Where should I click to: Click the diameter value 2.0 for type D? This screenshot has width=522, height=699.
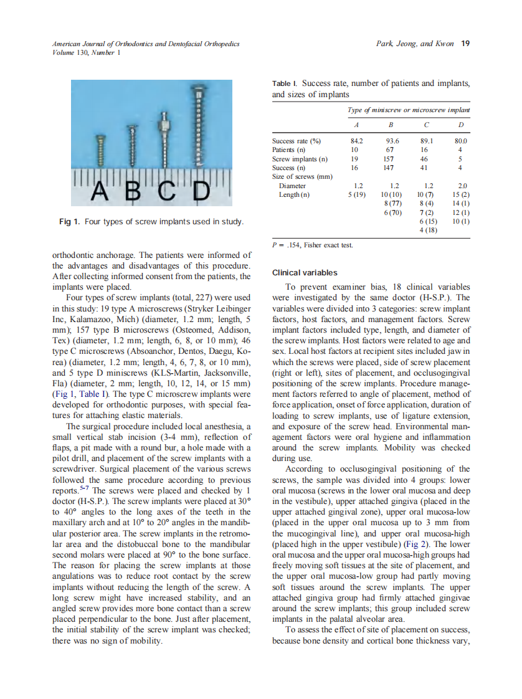pos(462,186)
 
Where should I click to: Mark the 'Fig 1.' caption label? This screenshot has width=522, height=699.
pos(69,222)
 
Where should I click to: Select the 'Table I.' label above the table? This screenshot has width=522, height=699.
pos(285,83)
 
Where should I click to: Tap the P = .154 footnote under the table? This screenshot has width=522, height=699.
pos(313,245)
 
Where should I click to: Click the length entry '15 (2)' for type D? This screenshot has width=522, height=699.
pos(461,195)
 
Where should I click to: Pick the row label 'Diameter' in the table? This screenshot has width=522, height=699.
pos(292,186)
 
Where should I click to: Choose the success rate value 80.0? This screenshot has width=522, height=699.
pos(460,141)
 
